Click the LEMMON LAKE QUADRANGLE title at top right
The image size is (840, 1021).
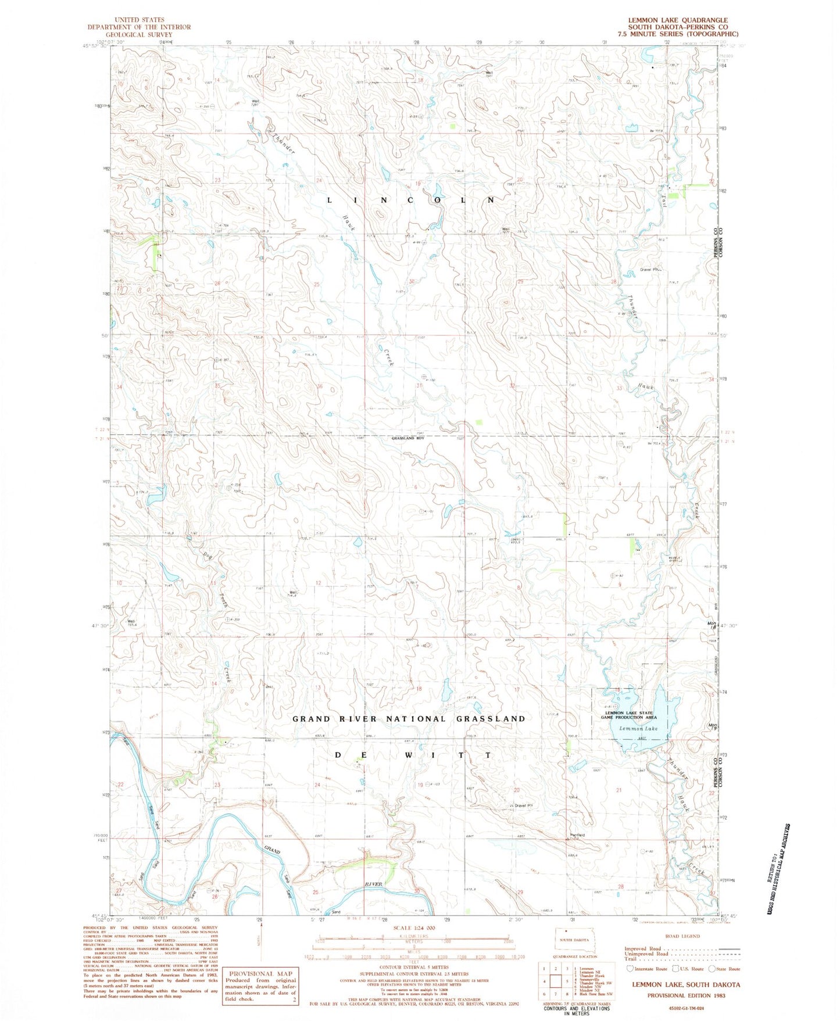pos(677,20)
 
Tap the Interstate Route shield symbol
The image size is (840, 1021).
pos(630,969)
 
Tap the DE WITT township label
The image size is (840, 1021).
pos(414,755)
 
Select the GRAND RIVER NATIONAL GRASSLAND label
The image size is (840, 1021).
pos(409,719)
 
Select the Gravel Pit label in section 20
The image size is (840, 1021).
pos(521,806)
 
